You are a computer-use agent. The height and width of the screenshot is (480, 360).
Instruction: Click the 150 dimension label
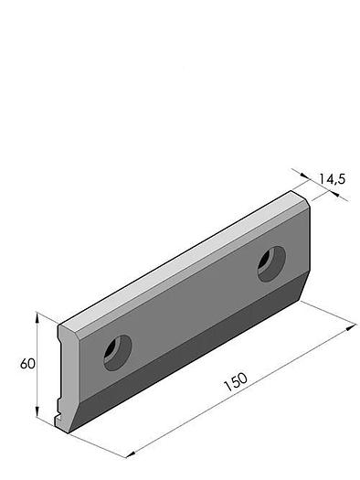coord(235,381)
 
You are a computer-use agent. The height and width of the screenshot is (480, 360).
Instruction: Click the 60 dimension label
coord(27,364)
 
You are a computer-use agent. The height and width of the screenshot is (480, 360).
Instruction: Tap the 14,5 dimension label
coord(333,179)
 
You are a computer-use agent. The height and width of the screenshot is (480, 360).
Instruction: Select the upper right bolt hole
coord(271,264)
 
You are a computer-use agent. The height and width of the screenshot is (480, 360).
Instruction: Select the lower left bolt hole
coord(118,353)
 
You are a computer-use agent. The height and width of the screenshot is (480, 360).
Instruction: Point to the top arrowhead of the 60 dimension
coord(37,317)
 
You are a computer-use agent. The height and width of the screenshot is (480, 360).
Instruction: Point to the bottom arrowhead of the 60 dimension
coord(37,411)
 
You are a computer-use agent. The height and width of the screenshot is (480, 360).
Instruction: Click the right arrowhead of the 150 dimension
coord(351,327)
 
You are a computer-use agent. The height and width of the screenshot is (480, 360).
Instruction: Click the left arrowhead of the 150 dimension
coord(131,454)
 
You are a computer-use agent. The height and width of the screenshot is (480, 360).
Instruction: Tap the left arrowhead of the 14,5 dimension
coord(304,176)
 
